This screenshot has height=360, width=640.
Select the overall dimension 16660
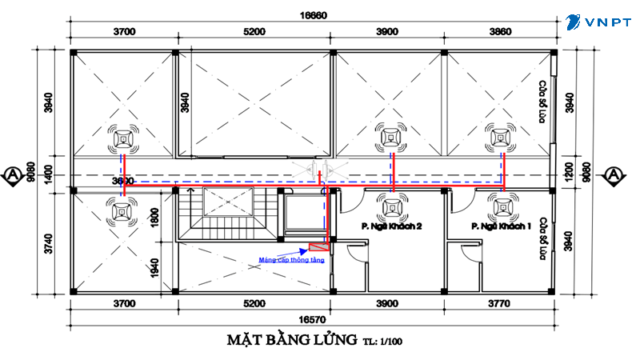coord(314,14)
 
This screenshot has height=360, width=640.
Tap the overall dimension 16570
coord(314,318)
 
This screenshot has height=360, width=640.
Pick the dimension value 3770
coord(499,304)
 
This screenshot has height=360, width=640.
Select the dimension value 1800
coord(156,215)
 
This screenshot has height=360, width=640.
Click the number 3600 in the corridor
coord(122,181)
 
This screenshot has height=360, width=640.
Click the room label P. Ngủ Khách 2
coord(392,227)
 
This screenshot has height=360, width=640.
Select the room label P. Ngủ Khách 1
coord(502,227)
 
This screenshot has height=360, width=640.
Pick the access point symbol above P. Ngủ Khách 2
coord(392,207)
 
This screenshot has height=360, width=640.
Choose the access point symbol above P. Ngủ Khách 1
coord(503,207)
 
